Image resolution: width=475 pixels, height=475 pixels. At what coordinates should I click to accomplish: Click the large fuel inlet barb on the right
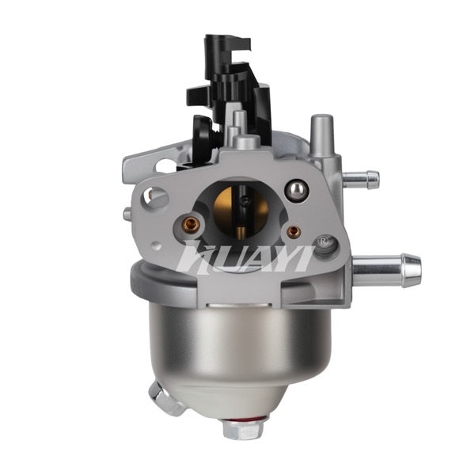coord(387,270)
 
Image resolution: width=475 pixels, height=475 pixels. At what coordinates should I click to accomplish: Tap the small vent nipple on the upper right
coord(361,180)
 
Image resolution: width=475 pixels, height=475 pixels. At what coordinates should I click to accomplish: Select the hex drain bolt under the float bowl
coord(243,428)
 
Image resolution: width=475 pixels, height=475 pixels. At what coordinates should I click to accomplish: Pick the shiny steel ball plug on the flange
coord(297,190)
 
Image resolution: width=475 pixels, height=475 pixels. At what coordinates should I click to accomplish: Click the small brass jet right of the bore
coord(294,232)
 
